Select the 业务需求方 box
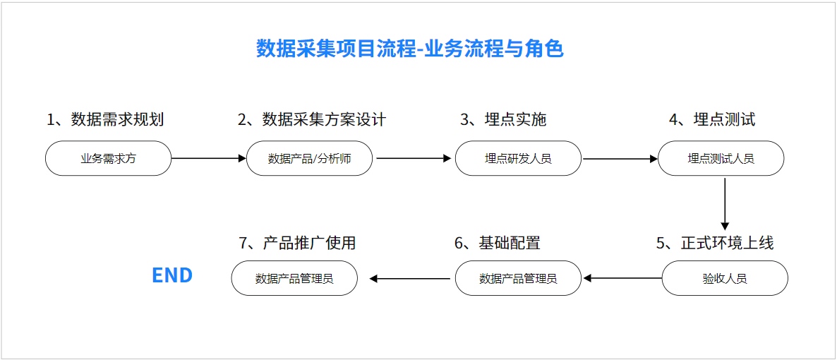[109, 158]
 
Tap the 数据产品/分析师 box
[310, 158]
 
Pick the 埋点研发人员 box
[518, 158]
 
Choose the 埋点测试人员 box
[721, 158]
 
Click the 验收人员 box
[725, 278]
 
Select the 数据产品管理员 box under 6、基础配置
[518, 278]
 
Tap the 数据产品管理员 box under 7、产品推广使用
[294, 278]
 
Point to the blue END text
[172, 275]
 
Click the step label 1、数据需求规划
[105, 119]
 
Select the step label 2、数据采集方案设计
[312, 119]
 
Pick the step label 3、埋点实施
[503, 119]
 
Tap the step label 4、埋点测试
[712, 119]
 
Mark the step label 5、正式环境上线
[716, 243]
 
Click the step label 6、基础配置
[498, 243]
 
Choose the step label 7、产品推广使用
[297, 243]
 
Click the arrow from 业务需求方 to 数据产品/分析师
[209, 158]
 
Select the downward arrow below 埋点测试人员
[725, 203]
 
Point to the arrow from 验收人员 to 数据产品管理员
[622, 278]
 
